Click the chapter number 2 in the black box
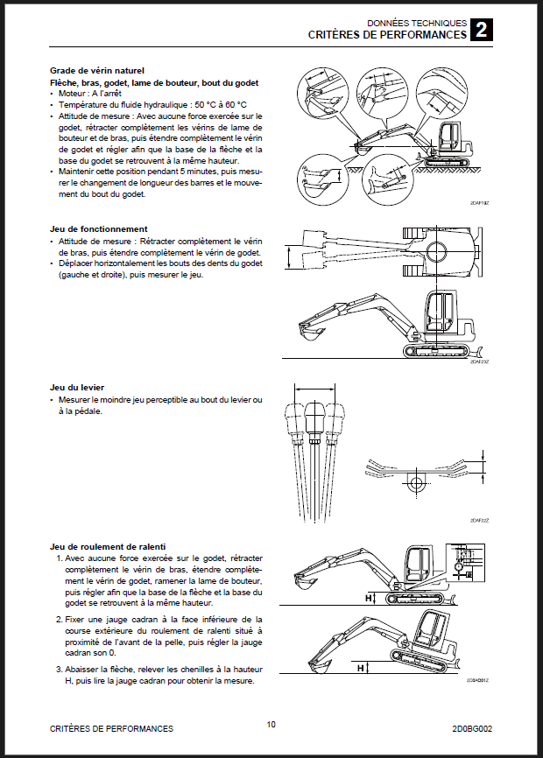[x=481, y=31]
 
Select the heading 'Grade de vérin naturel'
[x=97, y=71]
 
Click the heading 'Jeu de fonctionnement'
[x=98, y=228]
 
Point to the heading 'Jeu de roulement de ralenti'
[x=109, y=544]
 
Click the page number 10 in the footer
[x=271, y=724]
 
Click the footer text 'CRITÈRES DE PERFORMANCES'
[x=110, y=728]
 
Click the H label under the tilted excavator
[x=359, y=668]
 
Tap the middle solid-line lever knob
[x=314, y=418]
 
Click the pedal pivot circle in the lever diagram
[x=414, y=482]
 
